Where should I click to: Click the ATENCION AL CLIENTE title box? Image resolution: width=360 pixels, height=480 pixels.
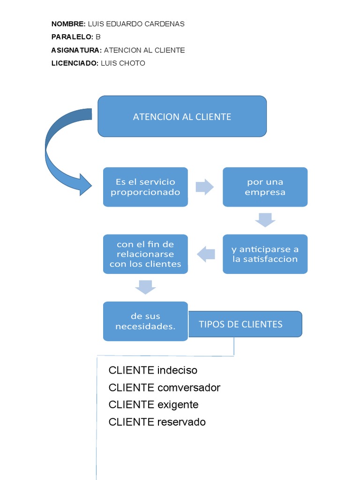point(182,116)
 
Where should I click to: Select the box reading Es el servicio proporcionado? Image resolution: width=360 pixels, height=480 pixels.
point(145,187)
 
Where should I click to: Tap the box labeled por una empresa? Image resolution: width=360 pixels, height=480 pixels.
point(265,187)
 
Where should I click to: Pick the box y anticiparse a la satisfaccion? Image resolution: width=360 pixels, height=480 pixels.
point(265,254)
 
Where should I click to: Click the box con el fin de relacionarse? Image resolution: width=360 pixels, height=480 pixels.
point(145,254)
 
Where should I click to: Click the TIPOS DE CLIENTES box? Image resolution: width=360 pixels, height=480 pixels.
point(245,324)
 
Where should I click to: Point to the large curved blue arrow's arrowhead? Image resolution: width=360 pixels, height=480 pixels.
point(84,185)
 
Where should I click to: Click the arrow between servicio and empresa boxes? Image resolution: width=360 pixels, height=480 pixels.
point(204,187)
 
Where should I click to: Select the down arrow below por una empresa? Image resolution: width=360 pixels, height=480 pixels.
point(265,219)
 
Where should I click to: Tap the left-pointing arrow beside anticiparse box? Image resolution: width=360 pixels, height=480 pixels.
point(206,255)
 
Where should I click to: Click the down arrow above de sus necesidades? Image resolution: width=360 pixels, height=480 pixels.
point(145,287)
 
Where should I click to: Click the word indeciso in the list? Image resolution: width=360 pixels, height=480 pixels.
point(177,370)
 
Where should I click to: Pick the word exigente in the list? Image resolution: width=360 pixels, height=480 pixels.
point(178,405)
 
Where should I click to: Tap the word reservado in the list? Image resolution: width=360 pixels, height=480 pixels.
point(181,422)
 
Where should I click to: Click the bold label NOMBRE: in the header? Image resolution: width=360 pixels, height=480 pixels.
point(68,24)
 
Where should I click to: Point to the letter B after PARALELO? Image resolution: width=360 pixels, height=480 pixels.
point(98,37)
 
